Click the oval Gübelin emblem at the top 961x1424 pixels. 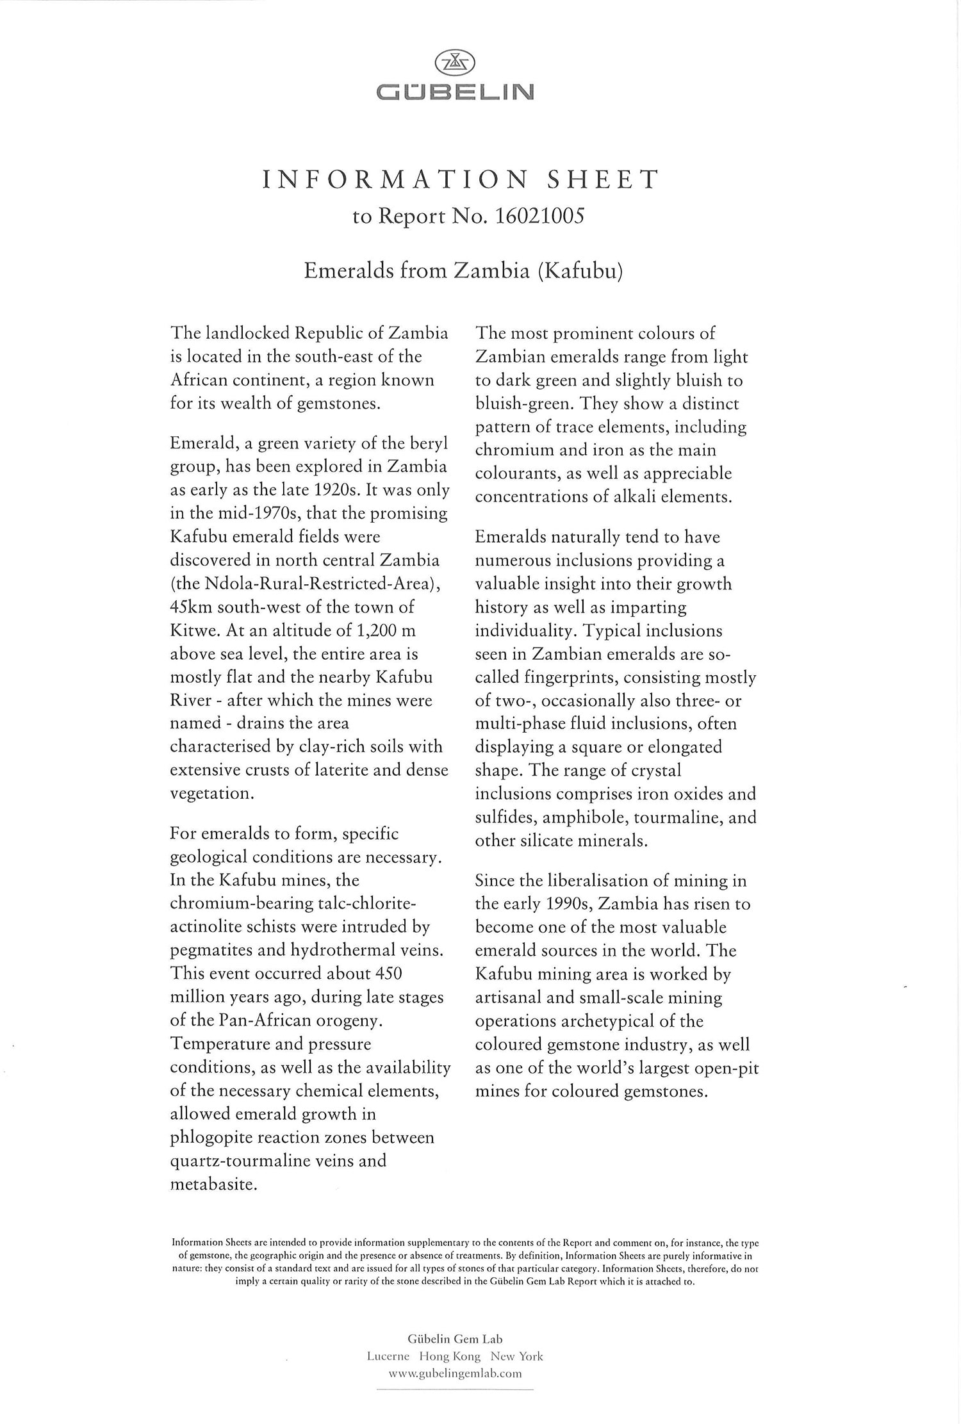455,63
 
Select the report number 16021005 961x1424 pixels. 539,217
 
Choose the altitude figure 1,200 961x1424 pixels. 371,630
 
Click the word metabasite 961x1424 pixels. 214,1184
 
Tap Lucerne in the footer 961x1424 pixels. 388,1356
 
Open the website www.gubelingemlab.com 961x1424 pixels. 455,1373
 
